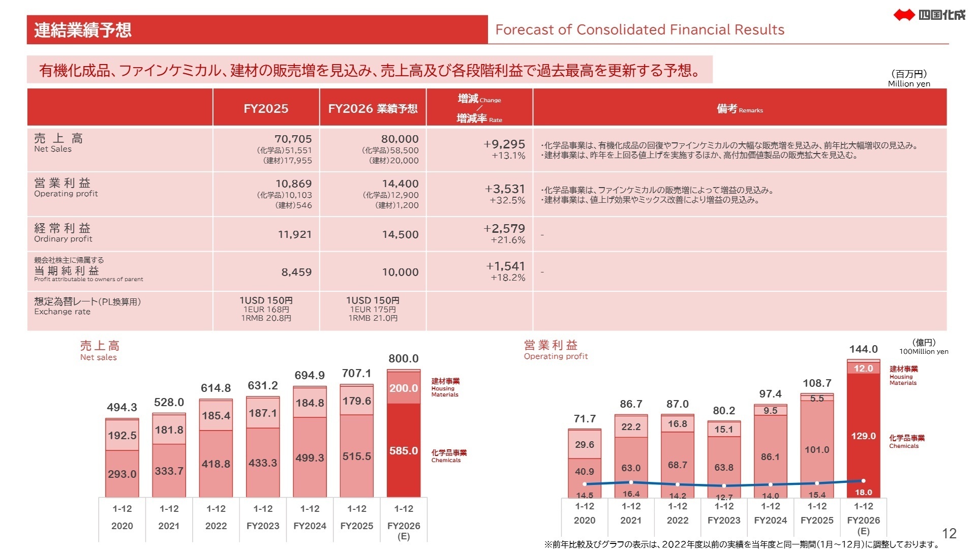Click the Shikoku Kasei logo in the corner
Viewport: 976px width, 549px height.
[x=929, y=15]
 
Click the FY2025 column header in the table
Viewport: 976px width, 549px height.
[x=266, y=108]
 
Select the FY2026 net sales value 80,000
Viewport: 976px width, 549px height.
[x=400, y=139]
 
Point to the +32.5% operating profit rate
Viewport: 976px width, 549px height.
[x=507, y=200]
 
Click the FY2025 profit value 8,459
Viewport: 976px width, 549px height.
[x=296, y=272]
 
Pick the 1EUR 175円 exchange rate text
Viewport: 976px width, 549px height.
[x=373, y=310]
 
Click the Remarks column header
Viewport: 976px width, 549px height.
[x=740, y=108]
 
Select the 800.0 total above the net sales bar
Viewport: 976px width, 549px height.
[x=404, y=359]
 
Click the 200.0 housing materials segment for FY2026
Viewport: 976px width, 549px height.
[x=404, y=388]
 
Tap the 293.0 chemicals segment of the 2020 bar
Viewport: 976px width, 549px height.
[x=122, y=474]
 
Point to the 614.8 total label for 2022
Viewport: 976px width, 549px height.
[x=216, y=388]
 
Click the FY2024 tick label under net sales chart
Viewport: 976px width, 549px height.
[x=310, y=526]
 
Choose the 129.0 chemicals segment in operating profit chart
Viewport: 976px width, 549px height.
[x=863, y=436]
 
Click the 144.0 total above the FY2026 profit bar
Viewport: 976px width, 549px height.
[x=863, y=349]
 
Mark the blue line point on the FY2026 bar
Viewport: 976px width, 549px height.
[x=863, y=480]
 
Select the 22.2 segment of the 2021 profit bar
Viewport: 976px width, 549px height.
[x=631, y=427]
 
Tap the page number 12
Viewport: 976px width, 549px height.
[x=949, y=533]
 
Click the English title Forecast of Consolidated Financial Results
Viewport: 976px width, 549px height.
[x=639, y=30]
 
